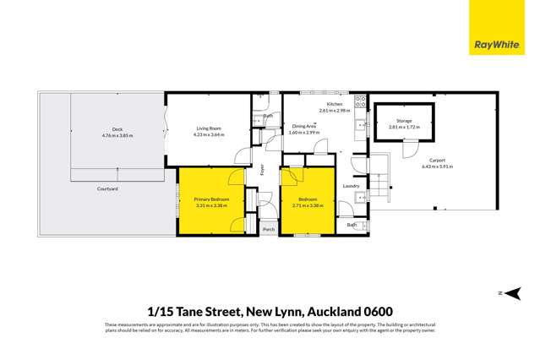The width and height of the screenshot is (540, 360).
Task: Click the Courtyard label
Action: pos(106,188)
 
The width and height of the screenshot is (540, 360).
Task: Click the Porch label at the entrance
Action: pos(269,229)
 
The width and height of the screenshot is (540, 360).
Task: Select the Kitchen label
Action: pos(335,104)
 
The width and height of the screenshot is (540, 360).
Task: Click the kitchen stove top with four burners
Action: pos(361,102)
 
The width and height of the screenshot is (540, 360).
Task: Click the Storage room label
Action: pos(404,120)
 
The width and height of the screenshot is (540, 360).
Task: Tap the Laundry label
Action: pos(352,186)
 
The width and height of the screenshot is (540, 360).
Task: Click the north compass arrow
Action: pos(514,293)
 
